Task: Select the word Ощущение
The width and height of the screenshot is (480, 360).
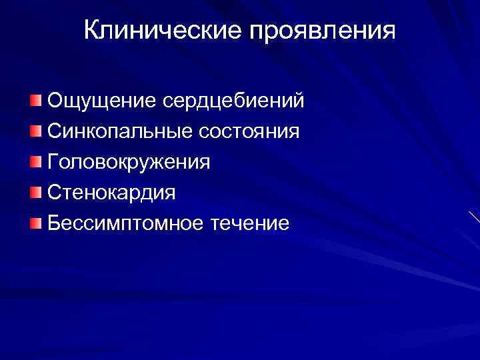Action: (x=101, y=101)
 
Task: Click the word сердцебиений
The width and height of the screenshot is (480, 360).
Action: (x=233, y=101)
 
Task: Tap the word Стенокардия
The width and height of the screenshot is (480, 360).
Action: (x=111, y=193)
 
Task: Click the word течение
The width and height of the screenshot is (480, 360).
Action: (x=250, y=223)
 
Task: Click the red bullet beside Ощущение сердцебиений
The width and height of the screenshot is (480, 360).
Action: (x=35, y=101)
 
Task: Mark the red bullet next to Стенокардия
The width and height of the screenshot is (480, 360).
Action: (x=35, y=193)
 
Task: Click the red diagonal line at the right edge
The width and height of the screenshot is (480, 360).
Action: (x=473, y=217)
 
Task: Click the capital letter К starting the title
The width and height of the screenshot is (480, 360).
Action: (x=91, y=31)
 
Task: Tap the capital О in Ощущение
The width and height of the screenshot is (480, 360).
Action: (x=54, y=101)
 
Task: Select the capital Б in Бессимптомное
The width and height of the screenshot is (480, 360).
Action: (x=53, y=223)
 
